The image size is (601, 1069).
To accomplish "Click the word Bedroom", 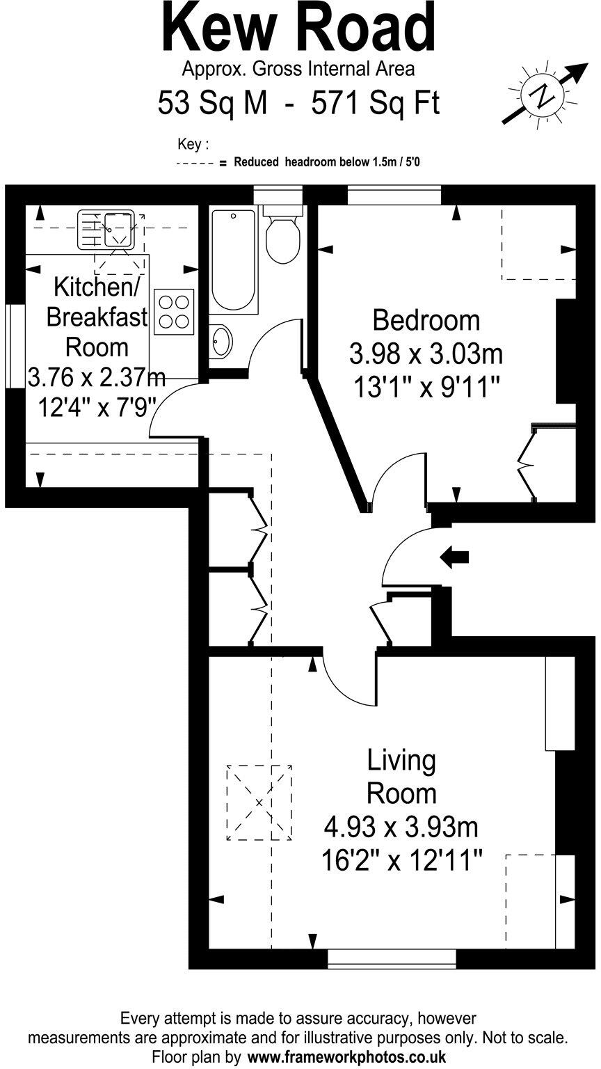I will click(426, 321).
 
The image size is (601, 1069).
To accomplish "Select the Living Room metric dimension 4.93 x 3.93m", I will click(401, 828).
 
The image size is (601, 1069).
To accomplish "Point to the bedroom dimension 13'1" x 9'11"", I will click(427, 386).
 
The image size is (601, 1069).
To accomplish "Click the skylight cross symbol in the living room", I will click(259, 802).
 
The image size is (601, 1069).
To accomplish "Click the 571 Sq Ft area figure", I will click(376, 104).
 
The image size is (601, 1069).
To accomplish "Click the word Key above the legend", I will click(193, 144).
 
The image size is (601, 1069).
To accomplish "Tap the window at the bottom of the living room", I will click(392, 958).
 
